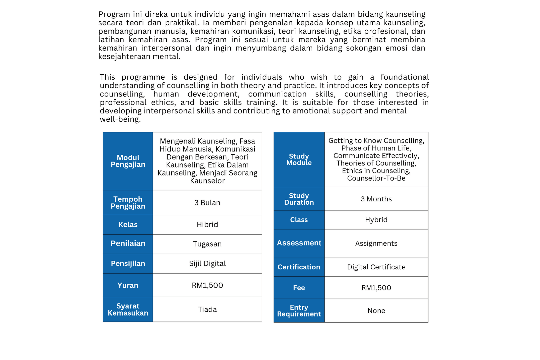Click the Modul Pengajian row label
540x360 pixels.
(x=128, y=161)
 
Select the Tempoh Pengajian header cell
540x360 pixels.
(x=128, y=203)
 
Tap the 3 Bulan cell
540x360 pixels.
(x=207, y=203)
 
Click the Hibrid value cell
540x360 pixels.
(x=207, y=225)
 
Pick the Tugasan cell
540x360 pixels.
(x=207, y=244)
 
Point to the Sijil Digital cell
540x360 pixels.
(x=207, y=264)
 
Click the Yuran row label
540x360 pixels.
(x=128, y=285)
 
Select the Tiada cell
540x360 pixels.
(x=207, y=310)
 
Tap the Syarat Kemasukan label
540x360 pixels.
(x=128, y=310)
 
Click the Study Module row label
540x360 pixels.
(x=299, y=160)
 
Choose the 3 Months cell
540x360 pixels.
(x=376, y=199)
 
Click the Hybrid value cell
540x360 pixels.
(x=376, y=220)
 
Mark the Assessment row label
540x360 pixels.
(x=299, y=243)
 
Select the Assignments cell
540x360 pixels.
(x=376, y=244)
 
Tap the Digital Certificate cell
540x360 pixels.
(x=376, y=267)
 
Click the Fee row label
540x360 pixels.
(x=299, y=288)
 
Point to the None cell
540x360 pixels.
(x=376, y=311)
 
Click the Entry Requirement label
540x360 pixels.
(x=299, y=311)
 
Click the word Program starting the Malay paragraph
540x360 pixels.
(x=114, y=14)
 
